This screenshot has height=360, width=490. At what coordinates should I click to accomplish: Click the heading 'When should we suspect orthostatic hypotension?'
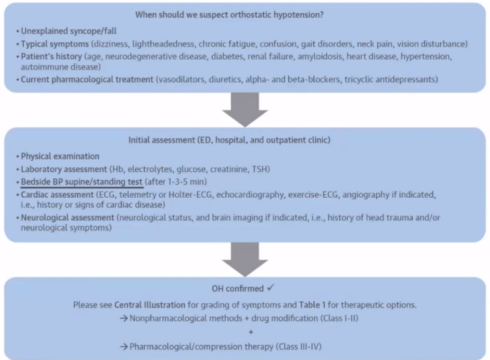point(229,15)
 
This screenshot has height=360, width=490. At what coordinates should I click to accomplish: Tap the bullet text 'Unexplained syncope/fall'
point(69,31)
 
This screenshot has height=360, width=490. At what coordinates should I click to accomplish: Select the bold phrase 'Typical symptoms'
point(55,44)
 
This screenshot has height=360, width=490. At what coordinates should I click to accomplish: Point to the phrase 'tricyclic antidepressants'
point(391,80)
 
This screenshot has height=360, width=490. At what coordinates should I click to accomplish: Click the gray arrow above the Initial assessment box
point(245,109)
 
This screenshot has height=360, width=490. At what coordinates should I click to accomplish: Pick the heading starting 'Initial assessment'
point(229,140)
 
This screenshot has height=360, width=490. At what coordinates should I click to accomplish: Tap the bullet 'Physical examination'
point(60,156)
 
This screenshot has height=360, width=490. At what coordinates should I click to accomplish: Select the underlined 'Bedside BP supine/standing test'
point(82,182)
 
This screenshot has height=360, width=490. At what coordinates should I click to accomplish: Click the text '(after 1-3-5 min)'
point(176,182)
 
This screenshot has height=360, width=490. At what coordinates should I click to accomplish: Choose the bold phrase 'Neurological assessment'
point(67,218)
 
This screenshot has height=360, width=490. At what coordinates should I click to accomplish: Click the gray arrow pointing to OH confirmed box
point(245,259)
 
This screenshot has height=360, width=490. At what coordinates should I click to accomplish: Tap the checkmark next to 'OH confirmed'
point(271,287)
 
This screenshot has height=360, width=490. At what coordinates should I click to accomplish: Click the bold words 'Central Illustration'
point(150,305)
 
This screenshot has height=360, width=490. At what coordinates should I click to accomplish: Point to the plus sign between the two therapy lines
point(251,332)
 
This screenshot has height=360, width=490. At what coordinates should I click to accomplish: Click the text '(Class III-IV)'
point(298,347)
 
